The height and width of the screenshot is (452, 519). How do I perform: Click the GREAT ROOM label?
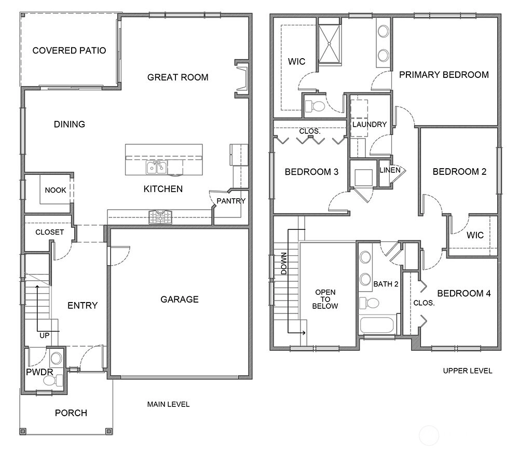coord(177,77)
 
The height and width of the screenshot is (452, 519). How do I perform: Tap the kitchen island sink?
coord(156,167)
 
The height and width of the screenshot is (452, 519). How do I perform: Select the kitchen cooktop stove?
coord(160,217)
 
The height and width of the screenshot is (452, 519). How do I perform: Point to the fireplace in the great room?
coord(242,79)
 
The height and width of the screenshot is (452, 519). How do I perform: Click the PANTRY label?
coord(231,201)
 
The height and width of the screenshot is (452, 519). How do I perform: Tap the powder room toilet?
coord(53,380)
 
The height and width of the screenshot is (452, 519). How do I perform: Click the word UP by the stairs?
coord(44,336)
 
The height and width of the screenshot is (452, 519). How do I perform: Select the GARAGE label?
coord(180,299)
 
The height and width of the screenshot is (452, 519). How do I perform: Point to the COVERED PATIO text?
coord(69,51)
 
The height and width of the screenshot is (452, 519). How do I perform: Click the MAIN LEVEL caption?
coord(169,404)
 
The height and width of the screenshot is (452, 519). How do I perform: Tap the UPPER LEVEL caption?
coord(468,371)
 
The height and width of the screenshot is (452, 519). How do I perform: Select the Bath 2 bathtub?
coord(377,325)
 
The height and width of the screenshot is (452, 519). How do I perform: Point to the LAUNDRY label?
coord(370,125)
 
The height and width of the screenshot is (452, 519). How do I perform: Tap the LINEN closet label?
coord(390,170)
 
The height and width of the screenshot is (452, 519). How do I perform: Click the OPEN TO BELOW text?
coord(325,299)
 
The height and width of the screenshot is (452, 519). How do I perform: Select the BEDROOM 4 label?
coord(464,294)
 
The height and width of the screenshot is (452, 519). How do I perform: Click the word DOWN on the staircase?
coord(284,264)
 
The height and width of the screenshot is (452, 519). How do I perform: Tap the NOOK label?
coord(56,190)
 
